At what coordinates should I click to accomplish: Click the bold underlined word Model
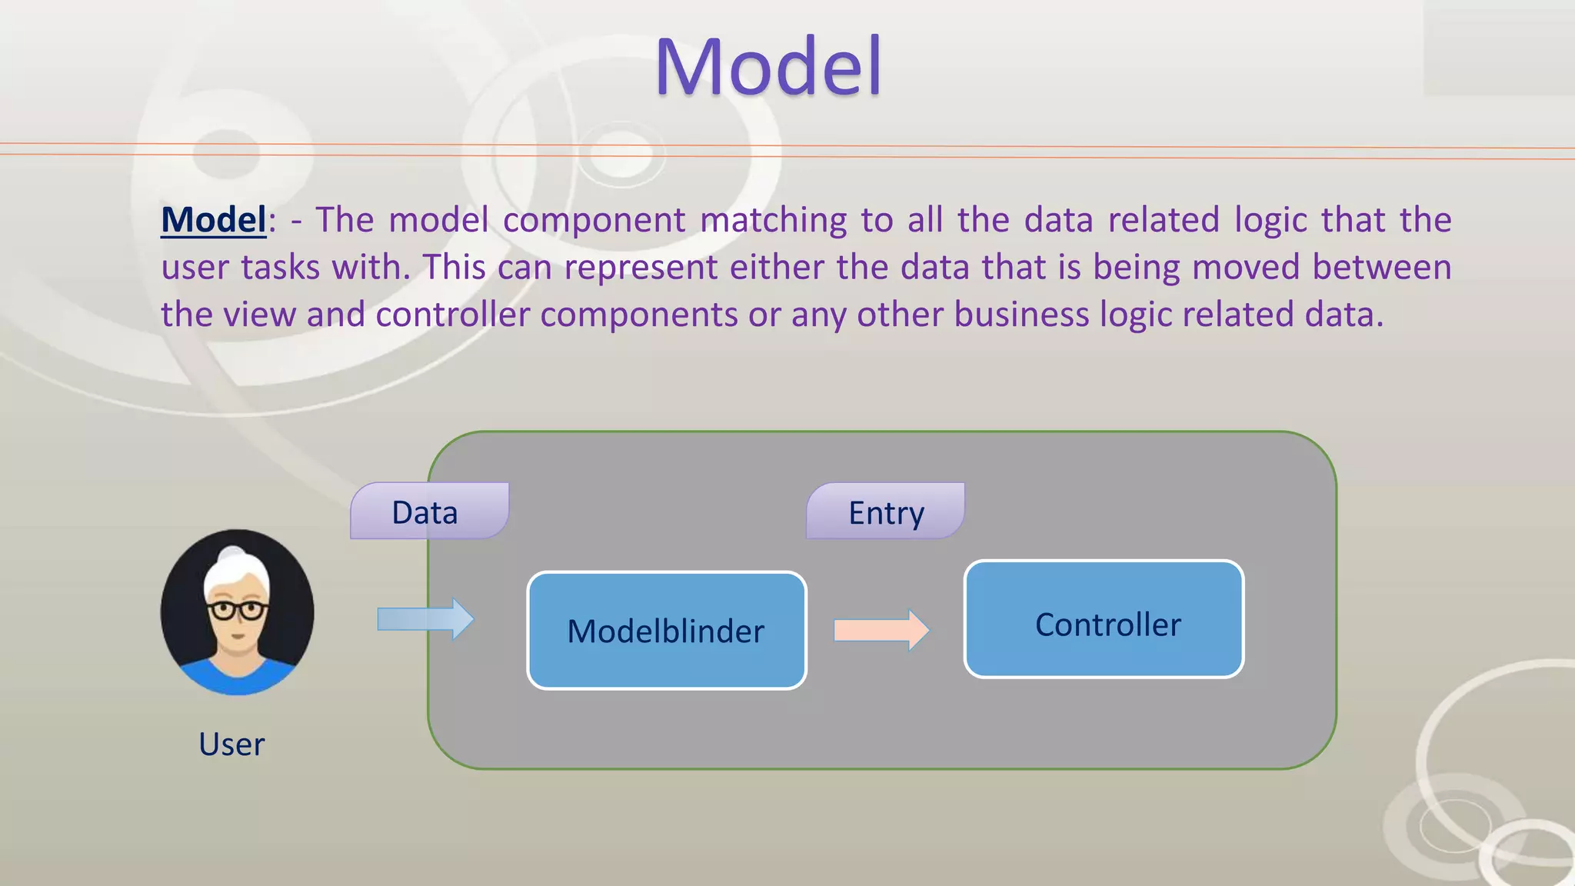[x=213, y=220]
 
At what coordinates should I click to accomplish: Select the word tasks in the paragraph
[x=280, y=268]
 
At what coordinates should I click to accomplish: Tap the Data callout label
[x=425, y=512]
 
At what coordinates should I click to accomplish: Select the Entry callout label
[x=886, y=512]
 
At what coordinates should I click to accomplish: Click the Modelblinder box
[x=666, y=631]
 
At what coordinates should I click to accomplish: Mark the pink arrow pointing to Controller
[x=881, y=630]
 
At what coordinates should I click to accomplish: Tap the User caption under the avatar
[x=231, y=744]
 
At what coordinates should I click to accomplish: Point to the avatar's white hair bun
[x=232, y=555]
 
